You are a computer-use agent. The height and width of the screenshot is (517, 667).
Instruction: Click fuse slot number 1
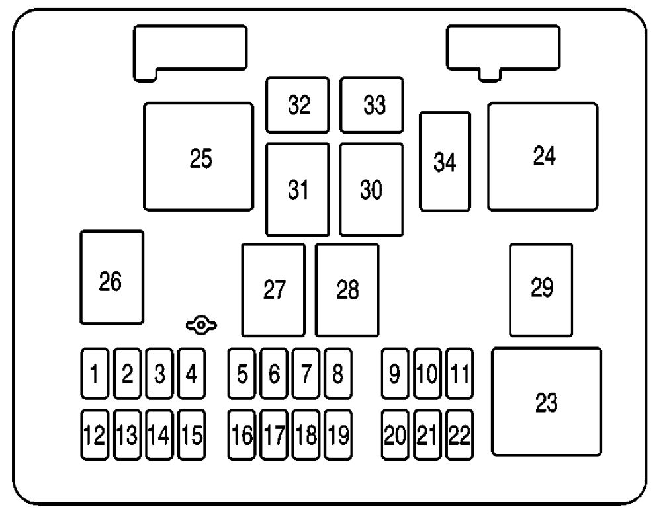(x=95, y=374)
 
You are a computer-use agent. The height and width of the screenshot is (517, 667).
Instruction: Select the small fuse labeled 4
(x=191, y=374)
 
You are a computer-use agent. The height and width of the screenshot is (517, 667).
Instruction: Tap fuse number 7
(x=306, y=374)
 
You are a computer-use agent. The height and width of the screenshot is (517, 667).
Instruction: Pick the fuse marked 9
(x=395, y=374)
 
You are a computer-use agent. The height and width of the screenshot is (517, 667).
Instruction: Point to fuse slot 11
(x=459, y=374)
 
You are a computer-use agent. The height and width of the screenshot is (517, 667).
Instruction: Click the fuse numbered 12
(x=95, y=434)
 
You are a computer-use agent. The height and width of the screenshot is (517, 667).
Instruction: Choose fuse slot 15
(x=191, y=434)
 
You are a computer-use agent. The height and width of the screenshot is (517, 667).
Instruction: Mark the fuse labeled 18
(x=306, y=434)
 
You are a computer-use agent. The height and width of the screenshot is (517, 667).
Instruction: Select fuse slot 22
(x=459, y=434)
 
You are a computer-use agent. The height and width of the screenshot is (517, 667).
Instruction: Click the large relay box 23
(x=547, y=402)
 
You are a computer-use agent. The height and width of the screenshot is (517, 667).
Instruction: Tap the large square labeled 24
(x=543, y=157)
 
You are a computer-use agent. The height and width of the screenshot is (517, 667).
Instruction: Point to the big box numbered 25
(x=199, y=157)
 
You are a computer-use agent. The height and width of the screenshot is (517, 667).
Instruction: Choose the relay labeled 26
(x=112, y=277)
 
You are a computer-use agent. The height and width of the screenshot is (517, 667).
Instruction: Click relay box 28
(x=347, y=290)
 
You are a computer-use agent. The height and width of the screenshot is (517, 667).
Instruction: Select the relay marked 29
(x=541, y=290)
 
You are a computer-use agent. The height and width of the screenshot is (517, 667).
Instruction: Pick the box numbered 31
(x=298, y=190)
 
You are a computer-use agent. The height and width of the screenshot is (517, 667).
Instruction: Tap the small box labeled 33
(x=372, y=105)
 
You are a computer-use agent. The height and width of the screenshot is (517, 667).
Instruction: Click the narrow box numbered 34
(x=445, y=161)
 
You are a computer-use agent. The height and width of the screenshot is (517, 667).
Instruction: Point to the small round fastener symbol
(x=201, y=325)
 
